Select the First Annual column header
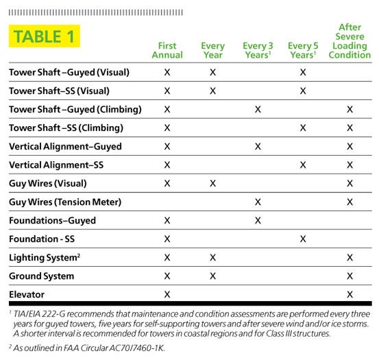167,50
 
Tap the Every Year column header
212,50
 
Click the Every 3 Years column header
258,50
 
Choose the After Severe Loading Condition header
350,41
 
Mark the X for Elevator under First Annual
167,294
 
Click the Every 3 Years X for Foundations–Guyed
258,220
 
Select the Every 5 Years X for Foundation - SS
303,239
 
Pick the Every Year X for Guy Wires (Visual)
212,183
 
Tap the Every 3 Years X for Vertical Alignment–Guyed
258,146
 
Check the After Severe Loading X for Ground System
350,276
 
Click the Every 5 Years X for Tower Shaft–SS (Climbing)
303,128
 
